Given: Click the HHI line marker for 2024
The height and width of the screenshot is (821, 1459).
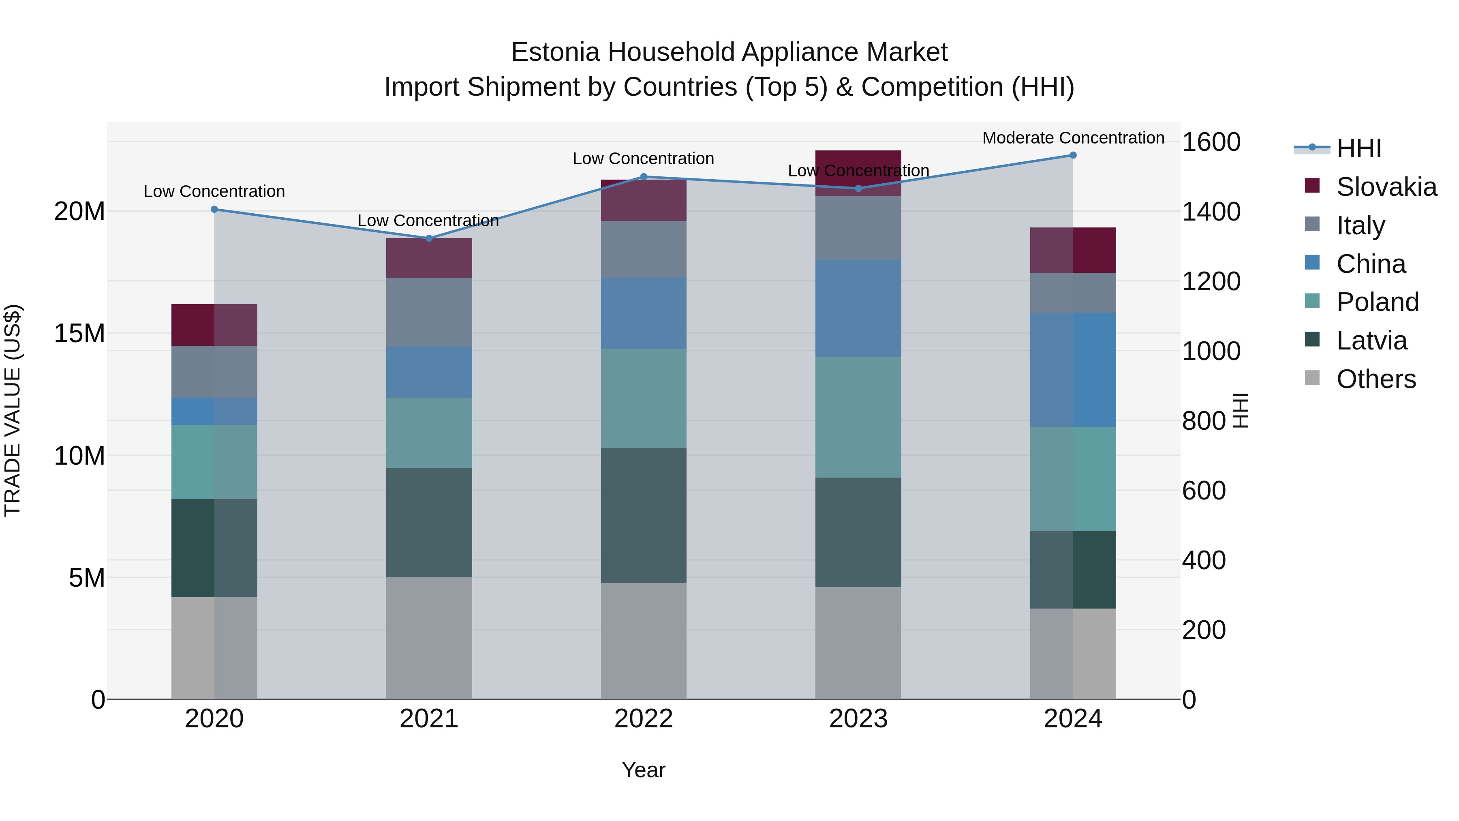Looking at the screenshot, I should click(1073, 155).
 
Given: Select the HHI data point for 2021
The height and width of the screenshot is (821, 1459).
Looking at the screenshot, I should click(429, 238).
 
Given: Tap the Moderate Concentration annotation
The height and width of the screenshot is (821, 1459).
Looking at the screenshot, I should click(1073, 138).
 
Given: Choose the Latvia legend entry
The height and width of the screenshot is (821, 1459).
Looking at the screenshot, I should click(1371, 341).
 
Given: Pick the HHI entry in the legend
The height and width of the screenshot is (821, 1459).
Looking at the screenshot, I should click(1358, 148).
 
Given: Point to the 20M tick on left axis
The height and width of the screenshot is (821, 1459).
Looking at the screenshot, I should click(79, 211).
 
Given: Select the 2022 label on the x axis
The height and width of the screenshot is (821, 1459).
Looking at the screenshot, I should click(644, 719).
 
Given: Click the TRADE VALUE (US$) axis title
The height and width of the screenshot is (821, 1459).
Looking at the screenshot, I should click(13, 410).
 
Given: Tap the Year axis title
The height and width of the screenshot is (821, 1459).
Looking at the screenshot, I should click(644, 770).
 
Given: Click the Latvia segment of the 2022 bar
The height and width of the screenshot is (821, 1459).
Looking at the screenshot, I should click(644, 516).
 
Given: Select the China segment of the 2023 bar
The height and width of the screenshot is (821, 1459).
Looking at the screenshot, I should click(858, 309).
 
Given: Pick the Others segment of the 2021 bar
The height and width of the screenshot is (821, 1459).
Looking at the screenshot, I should click(429, 638).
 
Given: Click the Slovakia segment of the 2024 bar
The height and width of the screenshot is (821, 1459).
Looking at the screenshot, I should click(1073, 250).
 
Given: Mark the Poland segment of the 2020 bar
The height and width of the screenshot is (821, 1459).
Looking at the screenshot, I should click(214, 462).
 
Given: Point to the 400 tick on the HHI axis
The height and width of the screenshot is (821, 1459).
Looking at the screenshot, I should click(1204, 560).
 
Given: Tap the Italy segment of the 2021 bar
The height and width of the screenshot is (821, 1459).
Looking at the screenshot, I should click(429, 312).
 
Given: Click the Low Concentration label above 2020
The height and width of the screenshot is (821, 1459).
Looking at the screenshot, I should click(214, 191).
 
